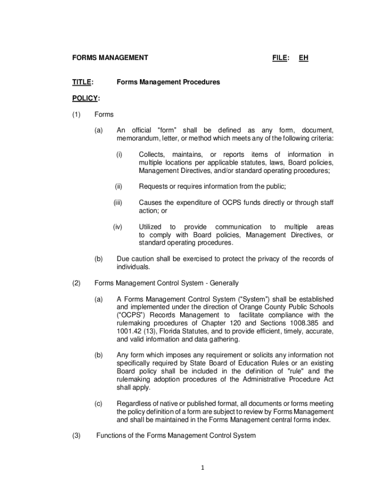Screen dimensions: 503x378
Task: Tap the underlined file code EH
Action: pos(304,58)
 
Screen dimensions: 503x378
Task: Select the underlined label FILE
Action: pos(279,58)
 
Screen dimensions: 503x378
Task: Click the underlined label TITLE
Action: pos(82,82)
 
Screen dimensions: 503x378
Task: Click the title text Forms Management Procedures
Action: pos(168,82)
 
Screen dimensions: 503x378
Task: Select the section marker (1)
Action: pos(77,114)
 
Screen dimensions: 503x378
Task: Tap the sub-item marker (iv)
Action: pos(117,226)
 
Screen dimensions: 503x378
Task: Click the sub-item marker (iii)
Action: pos(117,202)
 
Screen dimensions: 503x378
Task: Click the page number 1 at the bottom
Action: pos(202,468)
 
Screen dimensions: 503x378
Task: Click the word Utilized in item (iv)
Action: pos(151,226)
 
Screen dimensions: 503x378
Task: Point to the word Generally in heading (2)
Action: pos(224,283)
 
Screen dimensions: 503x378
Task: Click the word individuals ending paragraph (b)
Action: pos(133,267)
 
